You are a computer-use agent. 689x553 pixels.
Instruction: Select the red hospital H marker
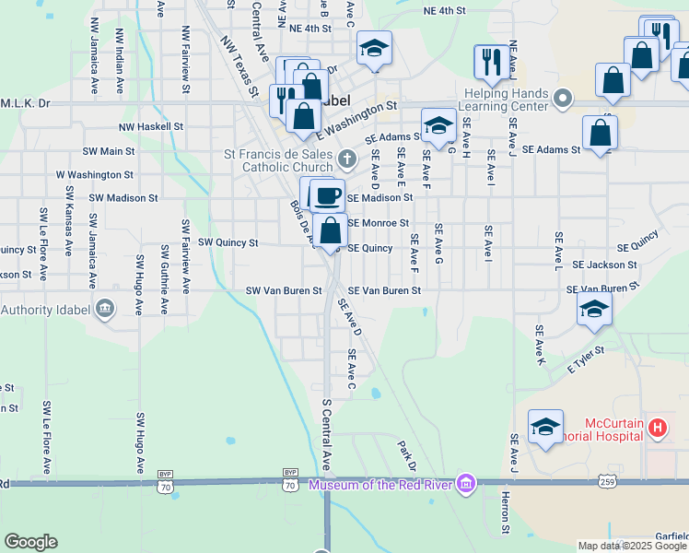tap(657, 428)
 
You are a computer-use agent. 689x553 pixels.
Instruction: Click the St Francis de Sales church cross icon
tap(346, 159)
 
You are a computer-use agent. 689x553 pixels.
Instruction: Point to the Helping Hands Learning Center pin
tap(566, 98)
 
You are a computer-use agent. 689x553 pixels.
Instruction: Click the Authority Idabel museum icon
tap(104, 308)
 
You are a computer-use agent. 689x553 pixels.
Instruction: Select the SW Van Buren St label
tap(284, 290)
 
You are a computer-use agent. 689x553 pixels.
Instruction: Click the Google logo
tap(30, 542)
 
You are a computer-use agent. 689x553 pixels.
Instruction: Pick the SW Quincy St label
tap(228, 243)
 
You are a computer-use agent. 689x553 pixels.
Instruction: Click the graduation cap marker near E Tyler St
tap(594, 310)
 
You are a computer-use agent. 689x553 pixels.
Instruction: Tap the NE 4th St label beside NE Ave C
tap(309, 29)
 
